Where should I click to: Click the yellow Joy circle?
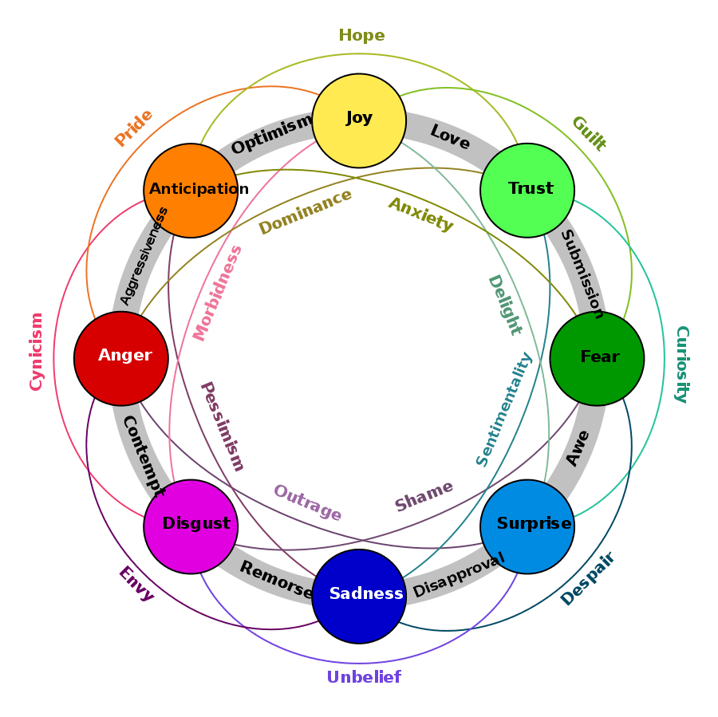pos(359,120)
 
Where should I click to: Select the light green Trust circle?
pos(527,190)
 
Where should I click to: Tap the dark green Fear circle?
pos(597,358)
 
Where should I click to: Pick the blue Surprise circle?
pos(527,526)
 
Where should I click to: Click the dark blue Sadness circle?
pos(359,596)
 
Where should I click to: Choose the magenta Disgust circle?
pos(191,526)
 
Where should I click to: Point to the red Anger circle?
pos(121,358)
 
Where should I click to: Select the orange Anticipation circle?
pos(191,190)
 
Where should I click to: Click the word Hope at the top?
pos(361,36)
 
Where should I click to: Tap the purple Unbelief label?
pos(364,677)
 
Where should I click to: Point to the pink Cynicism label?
pos(36,352)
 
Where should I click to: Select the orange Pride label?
pos(133,128)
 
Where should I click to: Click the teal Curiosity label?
pos(681,364)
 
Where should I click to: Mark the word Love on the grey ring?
pos(450,136)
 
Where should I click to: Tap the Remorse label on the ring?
pos(276,580)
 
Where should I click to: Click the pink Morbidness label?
pos(218,293)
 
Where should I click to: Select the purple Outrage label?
pos(307,502)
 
